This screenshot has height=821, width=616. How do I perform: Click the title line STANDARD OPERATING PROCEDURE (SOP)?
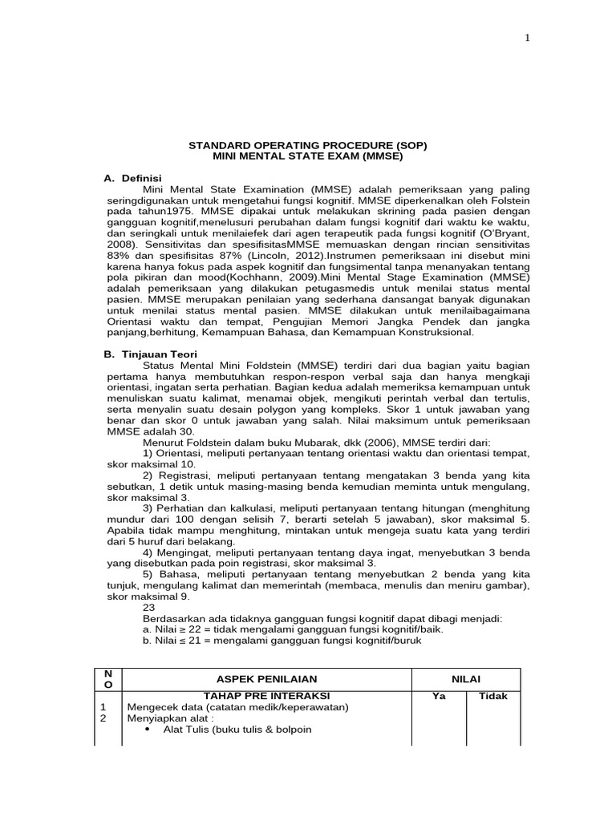coord(307,145)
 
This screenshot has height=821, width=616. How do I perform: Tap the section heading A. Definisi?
coord(133,176)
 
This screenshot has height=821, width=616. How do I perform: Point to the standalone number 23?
coord(148,607)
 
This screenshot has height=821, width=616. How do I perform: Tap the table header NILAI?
coord(467,679)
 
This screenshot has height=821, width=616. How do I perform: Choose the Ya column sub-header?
coord(439,696)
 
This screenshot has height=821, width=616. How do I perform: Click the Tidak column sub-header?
coord(493,696)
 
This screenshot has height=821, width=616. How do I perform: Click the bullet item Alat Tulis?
coord(237,730)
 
